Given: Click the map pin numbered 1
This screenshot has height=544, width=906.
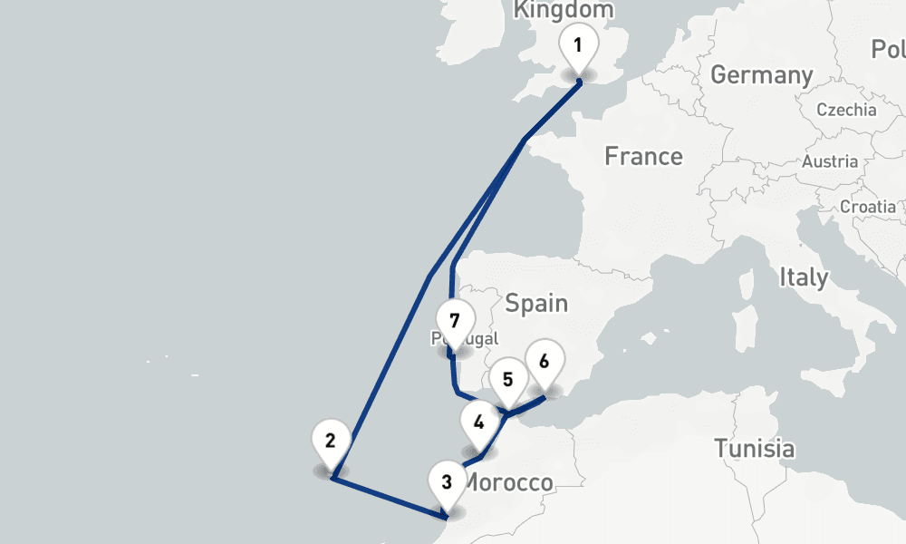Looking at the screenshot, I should coord(578,44).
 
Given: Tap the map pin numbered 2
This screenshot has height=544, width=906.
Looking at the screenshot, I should coord(330,442).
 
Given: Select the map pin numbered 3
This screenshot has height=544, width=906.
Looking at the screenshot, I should coord(447,481).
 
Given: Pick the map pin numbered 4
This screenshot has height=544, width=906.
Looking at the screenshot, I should coord(478,421).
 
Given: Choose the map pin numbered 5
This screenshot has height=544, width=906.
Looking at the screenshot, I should coord(507,380).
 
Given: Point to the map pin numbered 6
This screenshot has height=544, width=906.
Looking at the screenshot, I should coord(544,361).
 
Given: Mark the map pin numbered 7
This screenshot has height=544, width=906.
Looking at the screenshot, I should coord(454,321).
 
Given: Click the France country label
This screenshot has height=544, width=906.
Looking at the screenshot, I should coord(643,157).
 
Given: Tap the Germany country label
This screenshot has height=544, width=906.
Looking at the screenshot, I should coord(761,75).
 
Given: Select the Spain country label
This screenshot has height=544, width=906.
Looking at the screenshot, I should coord(536,303).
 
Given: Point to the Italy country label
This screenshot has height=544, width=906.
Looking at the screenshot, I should coord(803,277).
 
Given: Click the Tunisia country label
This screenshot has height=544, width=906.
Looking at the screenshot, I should coord(754,448).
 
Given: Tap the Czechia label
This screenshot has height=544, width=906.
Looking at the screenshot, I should coord(846,110).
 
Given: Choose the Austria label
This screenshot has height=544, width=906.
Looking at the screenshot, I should coord(830,162).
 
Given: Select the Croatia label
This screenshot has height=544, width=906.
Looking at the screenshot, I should coord(867,206).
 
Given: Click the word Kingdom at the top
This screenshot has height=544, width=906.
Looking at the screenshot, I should coord(564,10).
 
